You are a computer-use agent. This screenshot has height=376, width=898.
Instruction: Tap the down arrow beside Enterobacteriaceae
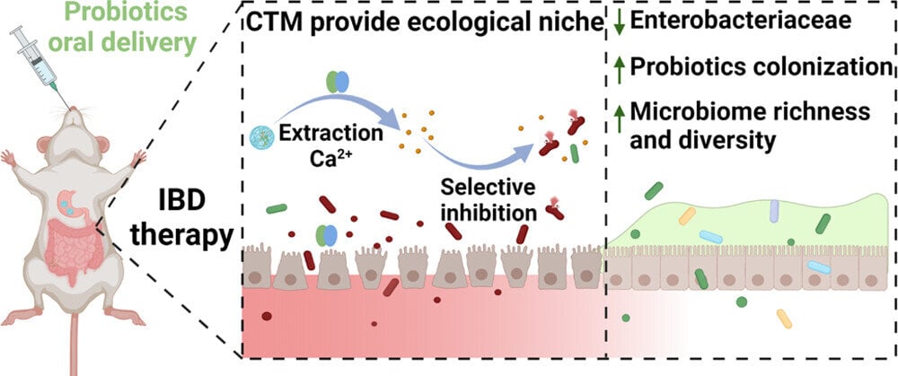[x=619, y=20]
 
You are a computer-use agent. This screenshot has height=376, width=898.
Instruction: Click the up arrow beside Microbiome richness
[x=619, y=112]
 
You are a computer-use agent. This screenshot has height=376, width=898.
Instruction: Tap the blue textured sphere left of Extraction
[x=260, y=138]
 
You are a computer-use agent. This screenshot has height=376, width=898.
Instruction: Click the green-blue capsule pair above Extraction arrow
[x=332, y=83]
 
